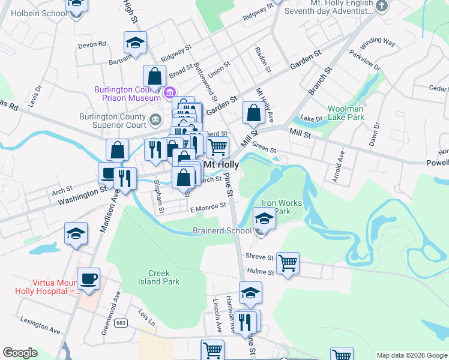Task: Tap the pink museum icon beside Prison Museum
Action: pos(170,93)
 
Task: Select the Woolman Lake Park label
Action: pos(346,113)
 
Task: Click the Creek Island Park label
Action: pos(158,277)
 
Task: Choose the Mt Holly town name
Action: pos(221,164)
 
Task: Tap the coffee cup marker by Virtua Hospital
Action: pos(89,279)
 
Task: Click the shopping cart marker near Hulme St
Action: pos(288,262)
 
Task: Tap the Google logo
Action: pos(20,353)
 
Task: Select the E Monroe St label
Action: pos(208,206)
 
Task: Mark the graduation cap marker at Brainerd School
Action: pos(264,218)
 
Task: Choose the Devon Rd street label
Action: pos(91,44)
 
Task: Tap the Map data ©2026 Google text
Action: pos(411,355)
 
